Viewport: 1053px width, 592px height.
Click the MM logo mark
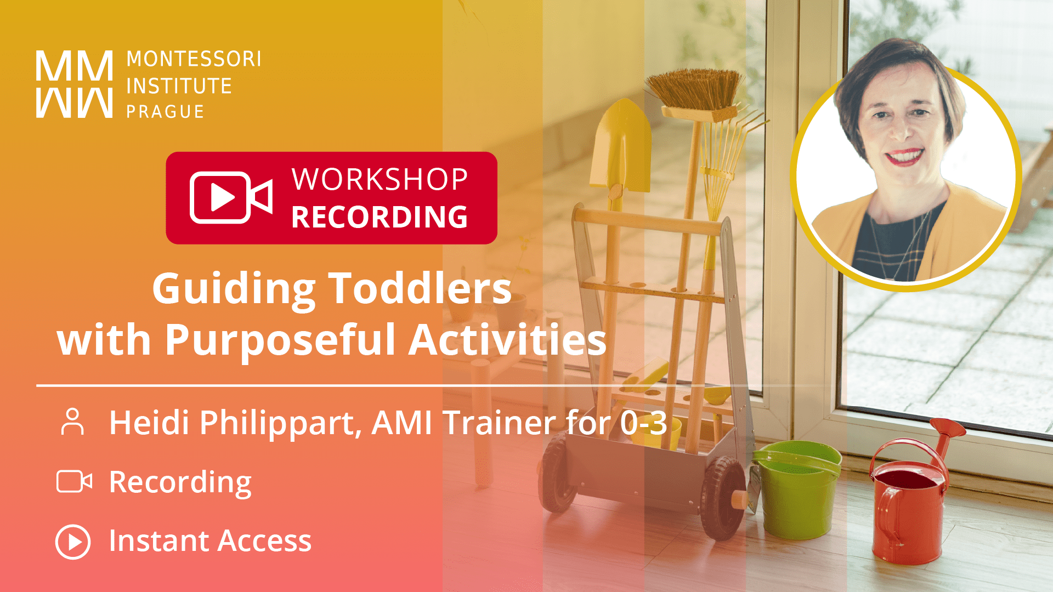click(x=75, y=84)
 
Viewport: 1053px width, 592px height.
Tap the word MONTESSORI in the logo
click(x=194, y=59)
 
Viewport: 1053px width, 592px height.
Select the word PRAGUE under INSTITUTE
click(x=165, y=112)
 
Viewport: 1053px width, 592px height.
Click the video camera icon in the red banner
click(x=230, y=197)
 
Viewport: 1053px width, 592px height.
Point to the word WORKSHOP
click(x=380, y=179)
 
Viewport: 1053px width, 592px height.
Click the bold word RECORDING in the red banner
click(x=380, y=217)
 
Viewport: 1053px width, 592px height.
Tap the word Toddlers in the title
click(x=420, y=289)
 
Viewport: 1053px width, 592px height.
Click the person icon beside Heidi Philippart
click(x=72, y=422)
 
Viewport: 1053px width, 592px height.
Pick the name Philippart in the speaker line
click(x=278, y=423)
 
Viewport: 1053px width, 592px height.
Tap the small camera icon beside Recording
click(x=74, y=482)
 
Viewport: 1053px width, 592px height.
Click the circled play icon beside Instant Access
click(x=73, y=542)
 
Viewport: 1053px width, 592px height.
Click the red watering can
click(x=908, y=510)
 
